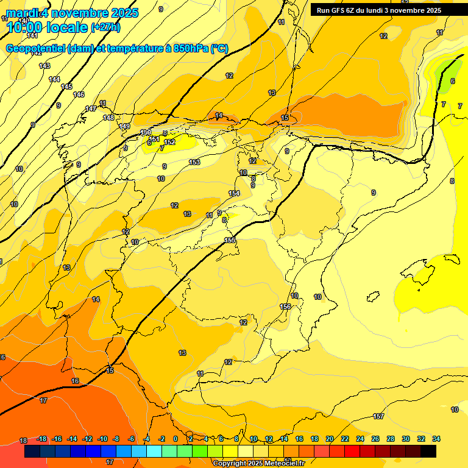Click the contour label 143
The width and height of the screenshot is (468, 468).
pyautogui.click(x=44, y=66)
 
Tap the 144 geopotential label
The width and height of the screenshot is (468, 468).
pyautogui.click(x=54, y=79)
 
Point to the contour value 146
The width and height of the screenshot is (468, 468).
pyautogui.click(x=79, y=94)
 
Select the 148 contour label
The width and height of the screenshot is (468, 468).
pyautogui.click(x=108, y=118)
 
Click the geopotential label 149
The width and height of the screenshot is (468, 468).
pyautogui.click(x=124, y=126)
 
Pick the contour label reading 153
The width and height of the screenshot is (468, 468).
pyautogui.click(x=194, y=162)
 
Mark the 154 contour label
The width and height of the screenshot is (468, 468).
pyautogui.click(x=234, y=193)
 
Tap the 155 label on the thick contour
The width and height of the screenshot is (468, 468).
pyautogui.click(x=230, y=240)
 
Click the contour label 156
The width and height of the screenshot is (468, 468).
pyautogui.click(x=285, y=307)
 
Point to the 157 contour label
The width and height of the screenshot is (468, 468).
pyautogui.click(x=378, y=416)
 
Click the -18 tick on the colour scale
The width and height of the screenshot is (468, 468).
pyautogui.click(x=42, y=439)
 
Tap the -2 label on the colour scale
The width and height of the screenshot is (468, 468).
pyautogui.click(x=161, y=439)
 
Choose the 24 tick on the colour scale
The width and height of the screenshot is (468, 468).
pyautogui.click(x=360, y=439)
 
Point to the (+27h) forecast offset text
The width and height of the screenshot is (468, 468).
pyautogui.click(x=105, y=27)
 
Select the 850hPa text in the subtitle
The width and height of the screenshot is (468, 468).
pyautogui.click(x=191, y=48)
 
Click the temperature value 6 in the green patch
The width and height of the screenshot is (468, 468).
pyautogui.click(x=452, y=81)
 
